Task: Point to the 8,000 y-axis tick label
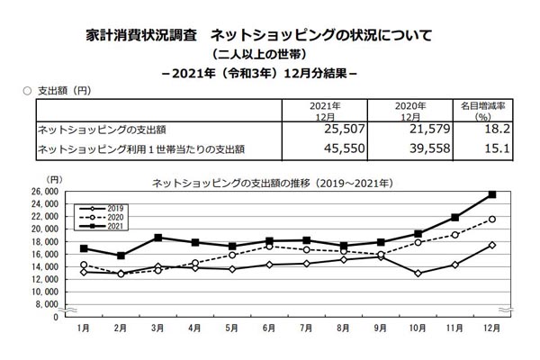[x=48, y=304]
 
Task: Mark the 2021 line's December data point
[x=491, y=194]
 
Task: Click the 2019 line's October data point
[x=418, y=273]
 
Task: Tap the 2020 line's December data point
[x=491, y=219]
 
